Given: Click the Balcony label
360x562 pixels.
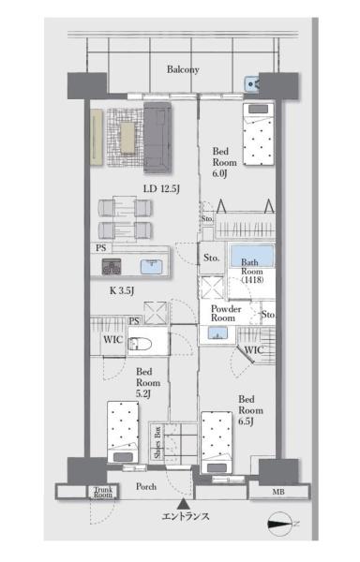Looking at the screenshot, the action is (183, 69).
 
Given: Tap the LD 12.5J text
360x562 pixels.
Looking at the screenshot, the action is (161, 188).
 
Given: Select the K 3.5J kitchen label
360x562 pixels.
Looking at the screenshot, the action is (122, 290).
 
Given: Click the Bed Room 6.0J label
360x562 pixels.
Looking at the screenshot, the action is (224, 162).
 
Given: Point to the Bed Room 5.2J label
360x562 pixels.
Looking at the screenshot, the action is (148, 383).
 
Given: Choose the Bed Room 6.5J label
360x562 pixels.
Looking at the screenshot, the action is (250, 410).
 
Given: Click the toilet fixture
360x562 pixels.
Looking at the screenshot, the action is (140, 344).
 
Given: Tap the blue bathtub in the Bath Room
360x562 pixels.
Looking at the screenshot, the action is (251, 256).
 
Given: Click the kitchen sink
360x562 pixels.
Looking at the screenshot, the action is (151, 267).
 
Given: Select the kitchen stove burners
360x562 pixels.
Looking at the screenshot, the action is (112, 267).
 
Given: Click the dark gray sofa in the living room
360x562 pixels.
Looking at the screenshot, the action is (157, 138).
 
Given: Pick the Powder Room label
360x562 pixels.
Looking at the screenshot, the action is (226, 313).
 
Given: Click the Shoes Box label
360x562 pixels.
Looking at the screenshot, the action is (157, 442).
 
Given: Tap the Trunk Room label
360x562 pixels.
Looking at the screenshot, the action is (103, 492).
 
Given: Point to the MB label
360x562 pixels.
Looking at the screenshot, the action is (278, 492).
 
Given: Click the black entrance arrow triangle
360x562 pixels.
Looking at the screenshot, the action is (184, 504).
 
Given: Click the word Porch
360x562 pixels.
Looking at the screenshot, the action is (146, 486).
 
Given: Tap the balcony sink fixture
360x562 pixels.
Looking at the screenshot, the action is (252, 84).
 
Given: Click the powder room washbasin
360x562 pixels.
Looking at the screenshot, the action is (217, 334).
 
